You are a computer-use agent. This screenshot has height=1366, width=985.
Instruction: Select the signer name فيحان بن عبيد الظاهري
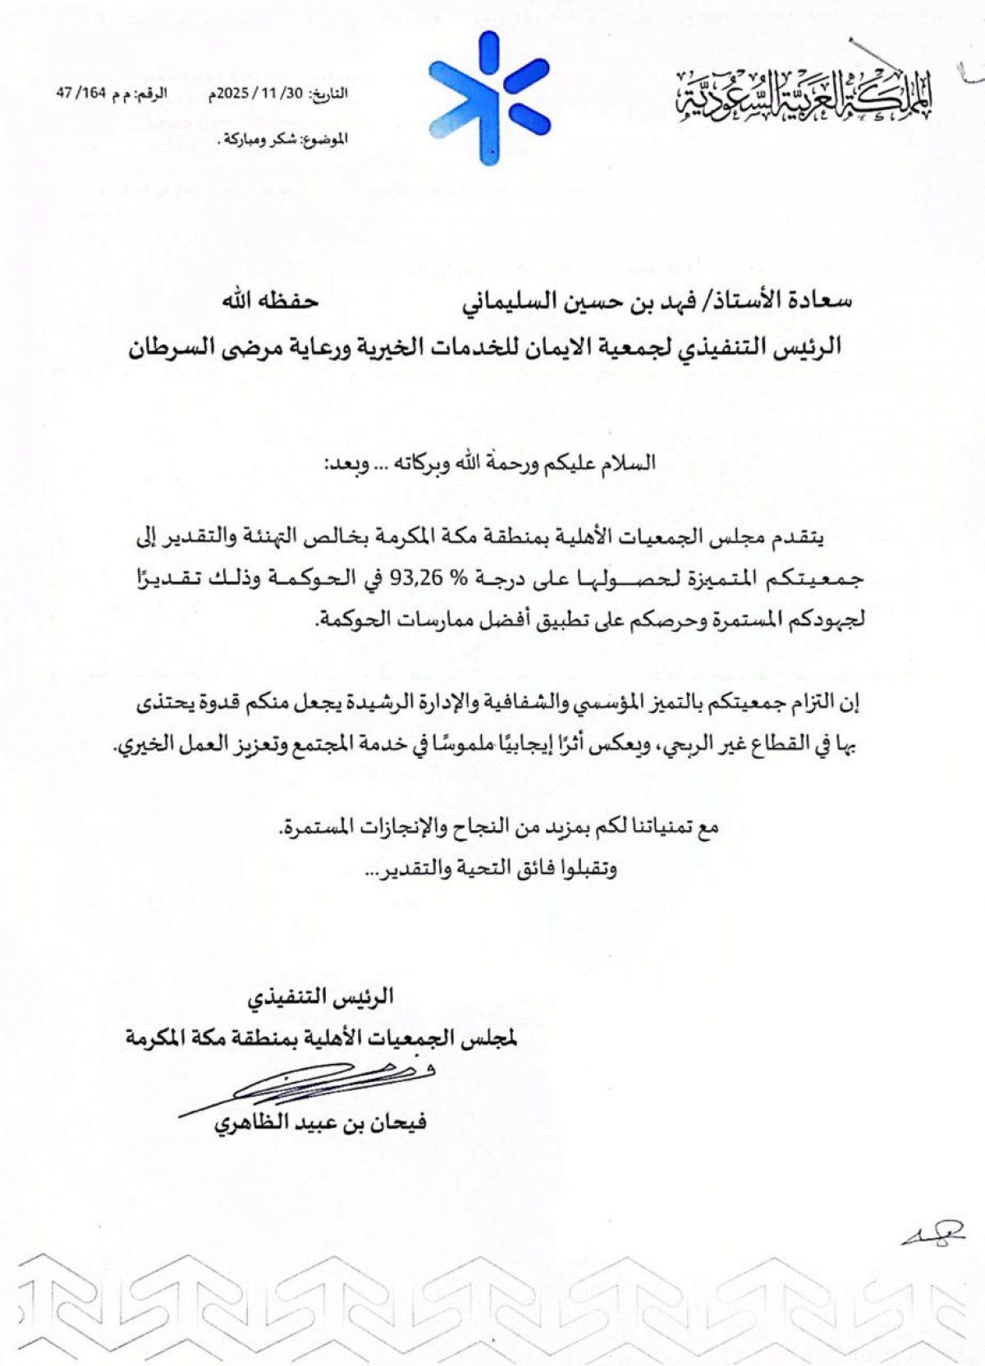321,1122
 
